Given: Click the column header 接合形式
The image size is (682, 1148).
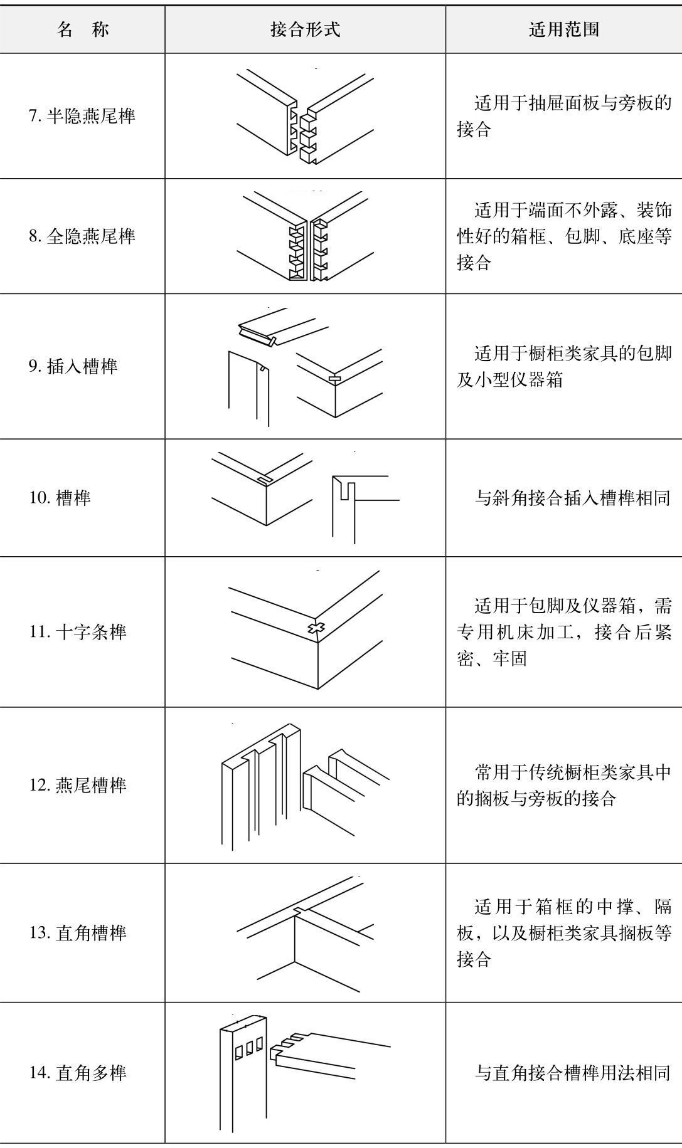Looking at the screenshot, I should [306, 29].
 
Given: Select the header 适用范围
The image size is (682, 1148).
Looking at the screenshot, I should [563, 29].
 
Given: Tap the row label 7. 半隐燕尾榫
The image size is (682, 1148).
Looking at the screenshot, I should [82, 116].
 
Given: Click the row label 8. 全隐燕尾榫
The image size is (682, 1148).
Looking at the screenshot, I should [82, 236].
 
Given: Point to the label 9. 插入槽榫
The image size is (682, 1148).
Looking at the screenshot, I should [73, 366].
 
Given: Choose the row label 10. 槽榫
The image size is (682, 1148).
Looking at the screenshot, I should [60, 498].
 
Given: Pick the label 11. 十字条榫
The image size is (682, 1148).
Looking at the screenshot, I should [78, 631].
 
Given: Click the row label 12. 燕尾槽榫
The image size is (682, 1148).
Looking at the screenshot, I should [78, 785].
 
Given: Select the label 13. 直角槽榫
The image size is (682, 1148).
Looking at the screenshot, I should [78, 932].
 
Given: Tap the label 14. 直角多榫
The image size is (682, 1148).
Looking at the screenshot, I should [78, 1072].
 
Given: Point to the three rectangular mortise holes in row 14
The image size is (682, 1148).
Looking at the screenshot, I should [248, 1048].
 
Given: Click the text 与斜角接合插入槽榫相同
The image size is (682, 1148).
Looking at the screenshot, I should [572, 498].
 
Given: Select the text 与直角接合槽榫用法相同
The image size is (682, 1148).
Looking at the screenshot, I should [572, 1073].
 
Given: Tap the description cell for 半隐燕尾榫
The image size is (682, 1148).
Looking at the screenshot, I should [563, 116].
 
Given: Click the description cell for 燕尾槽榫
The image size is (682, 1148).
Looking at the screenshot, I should [563, 785].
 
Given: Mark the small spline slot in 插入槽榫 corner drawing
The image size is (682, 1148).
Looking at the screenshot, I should [335, 379].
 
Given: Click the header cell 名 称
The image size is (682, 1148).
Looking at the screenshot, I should [82, 29].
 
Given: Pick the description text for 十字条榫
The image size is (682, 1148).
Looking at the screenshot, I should [563, 632].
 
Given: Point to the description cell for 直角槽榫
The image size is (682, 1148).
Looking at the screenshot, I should [563, 932].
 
